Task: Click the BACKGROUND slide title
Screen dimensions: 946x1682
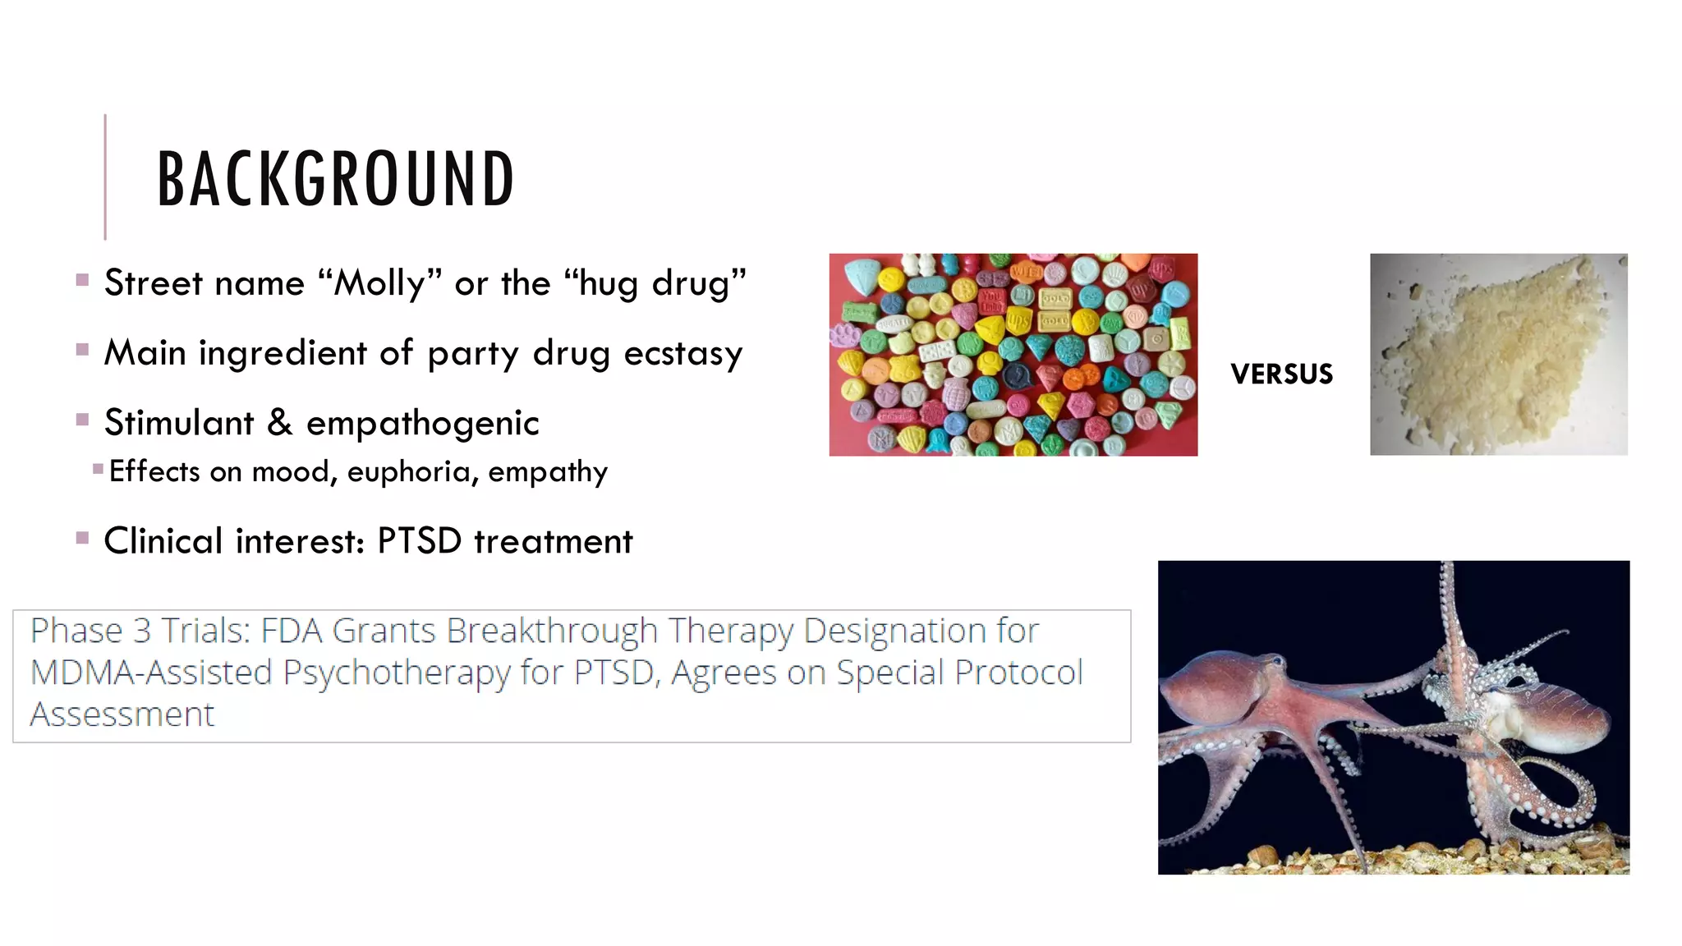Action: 335,179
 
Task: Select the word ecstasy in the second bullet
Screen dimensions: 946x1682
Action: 682,354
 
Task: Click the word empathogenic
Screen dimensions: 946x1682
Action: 422,424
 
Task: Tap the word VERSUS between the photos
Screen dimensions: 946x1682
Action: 1281,374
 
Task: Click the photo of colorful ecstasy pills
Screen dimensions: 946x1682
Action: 1013,355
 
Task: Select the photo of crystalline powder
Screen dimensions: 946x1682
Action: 1498,355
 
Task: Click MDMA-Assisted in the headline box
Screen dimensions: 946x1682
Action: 151,673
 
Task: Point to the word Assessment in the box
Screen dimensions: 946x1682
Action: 122,714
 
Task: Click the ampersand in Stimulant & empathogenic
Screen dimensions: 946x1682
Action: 279,423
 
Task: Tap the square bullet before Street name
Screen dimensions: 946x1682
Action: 82,280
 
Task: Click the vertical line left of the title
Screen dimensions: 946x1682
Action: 105,177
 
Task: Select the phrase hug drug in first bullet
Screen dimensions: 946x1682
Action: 654,284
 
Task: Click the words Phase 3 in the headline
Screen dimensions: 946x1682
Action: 90,631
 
